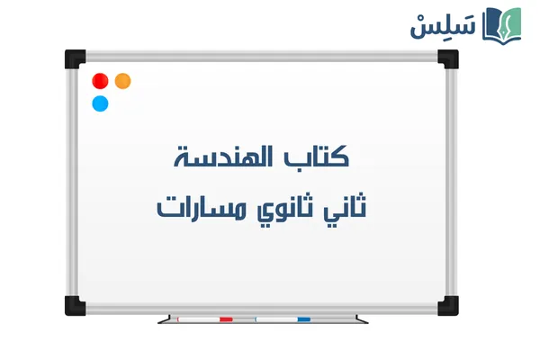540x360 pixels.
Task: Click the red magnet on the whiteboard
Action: click(x=101, y=81)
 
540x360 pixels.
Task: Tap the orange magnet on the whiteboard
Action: click(x=123, y=81)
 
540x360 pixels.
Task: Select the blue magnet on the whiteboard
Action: click(x=101, y=103)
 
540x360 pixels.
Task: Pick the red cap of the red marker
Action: click(x=226, y=319)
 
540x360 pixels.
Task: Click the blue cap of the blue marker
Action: click(x=303, y=319)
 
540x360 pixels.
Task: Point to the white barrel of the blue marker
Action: click(x=274, y=319)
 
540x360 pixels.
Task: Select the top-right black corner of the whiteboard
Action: click(x=447, y=60)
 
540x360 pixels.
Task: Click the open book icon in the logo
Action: click(x=502, y=24)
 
